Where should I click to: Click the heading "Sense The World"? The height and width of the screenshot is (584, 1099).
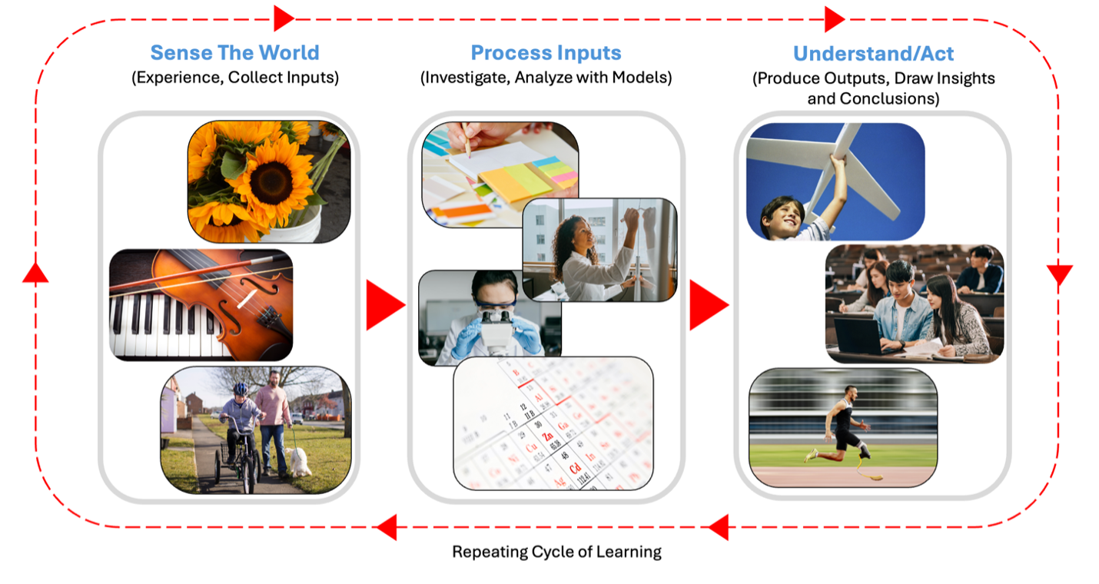[x=234, y=53]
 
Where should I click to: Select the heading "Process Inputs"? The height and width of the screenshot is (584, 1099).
[x=546, y=53]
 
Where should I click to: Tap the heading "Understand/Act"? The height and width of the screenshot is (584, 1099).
[x=873, y=54]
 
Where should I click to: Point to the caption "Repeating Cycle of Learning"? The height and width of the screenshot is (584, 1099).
[x=556, y=552]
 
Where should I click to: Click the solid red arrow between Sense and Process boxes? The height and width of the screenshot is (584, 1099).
[x=384, y=305]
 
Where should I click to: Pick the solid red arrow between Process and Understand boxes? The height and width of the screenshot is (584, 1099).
[x=708, y=305]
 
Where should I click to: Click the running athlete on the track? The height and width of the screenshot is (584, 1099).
[x=845, y=426]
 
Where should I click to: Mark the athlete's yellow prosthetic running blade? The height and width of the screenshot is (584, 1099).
[x=868, y=470]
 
